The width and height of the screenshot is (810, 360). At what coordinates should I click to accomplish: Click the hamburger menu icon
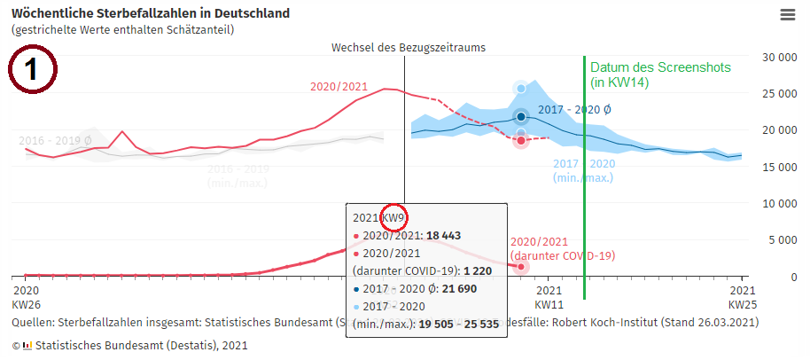click(x=787, y=15)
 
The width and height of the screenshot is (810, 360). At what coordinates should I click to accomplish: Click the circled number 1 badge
click(x=32, y=70)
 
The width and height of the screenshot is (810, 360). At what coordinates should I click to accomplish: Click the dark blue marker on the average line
click(x=521, y=116)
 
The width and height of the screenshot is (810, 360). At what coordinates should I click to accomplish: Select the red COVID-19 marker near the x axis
click(x=521, y=266)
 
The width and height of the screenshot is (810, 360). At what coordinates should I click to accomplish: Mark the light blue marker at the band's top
click(x=521, y=88)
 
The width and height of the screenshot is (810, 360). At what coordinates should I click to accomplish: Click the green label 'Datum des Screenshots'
click(x=648, y=67)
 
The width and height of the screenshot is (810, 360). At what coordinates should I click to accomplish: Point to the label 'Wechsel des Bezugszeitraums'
click(x=409, y=47)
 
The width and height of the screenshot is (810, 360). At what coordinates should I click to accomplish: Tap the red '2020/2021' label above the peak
click(x=339, y=86)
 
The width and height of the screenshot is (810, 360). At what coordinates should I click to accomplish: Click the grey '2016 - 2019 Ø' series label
click(x=55, y=140)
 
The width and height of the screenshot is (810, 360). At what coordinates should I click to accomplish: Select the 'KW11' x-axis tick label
click(x=549, y=303)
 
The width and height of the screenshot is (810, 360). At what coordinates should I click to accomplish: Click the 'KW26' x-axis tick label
click(x=27, y=303)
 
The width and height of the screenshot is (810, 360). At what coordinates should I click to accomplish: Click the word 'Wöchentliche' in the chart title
click(x=49, y=14)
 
